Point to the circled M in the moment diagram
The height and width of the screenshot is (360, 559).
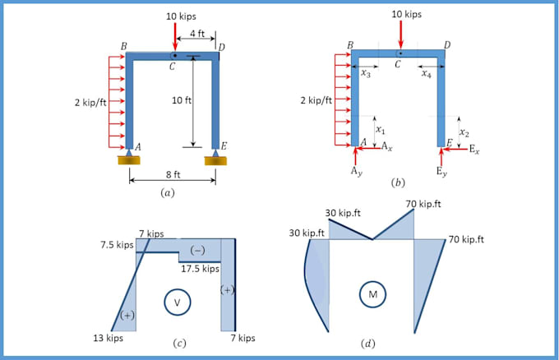(x=372, y=294)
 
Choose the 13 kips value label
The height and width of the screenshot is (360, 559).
(x=108, y=338)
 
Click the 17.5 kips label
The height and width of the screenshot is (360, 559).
(x=200, y=269)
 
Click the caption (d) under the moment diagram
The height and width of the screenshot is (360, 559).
(x=367, y=344)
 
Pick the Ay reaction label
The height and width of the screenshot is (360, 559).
(x=355, y=172)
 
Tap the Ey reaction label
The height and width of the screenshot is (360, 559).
(x=442, y=172)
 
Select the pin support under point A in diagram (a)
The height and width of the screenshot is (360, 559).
(x=129, y=156)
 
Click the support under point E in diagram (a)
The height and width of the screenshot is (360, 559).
(x=215, y=156)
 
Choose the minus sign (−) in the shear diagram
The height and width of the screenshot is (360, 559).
(x=197, y=250)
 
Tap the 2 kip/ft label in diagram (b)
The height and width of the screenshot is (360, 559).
(x=316, y=101)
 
